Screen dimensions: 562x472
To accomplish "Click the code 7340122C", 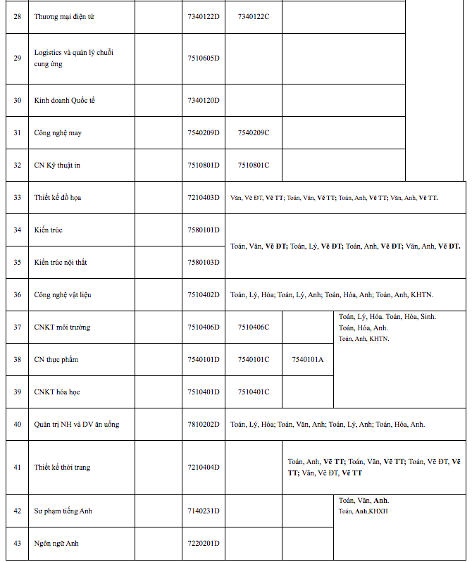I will point(254,16).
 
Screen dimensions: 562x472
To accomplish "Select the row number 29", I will point(18,58).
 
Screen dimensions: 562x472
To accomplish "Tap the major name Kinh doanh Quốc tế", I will point(64,101).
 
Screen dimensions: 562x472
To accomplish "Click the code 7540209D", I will point(204,133).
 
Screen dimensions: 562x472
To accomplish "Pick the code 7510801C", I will point(254,166).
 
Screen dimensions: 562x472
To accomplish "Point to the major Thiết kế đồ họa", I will point(58,198).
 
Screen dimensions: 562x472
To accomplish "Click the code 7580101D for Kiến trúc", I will point(204,230).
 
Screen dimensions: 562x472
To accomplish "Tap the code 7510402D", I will point(204,295).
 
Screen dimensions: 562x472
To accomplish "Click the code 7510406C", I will point(254,327).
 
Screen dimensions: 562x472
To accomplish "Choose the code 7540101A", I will point(308,360).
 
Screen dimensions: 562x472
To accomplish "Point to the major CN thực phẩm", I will point(56,360).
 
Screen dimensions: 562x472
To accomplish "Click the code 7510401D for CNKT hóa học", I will point(204,392).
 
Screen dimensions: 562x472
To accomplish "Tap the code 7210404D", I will point(204,468).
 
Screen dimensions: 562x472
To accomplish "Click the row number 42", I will point(18,511).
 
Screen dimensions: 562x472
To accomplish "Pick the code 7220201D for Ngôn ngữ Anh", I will point(204,544).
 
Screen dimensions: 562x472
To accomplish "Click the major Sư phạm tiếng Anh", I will point(64,511).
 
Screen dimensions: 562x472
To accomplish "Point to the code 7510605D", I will point(204,58).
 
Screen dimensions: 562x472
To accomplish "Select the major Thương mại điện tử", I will point(64,16).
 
